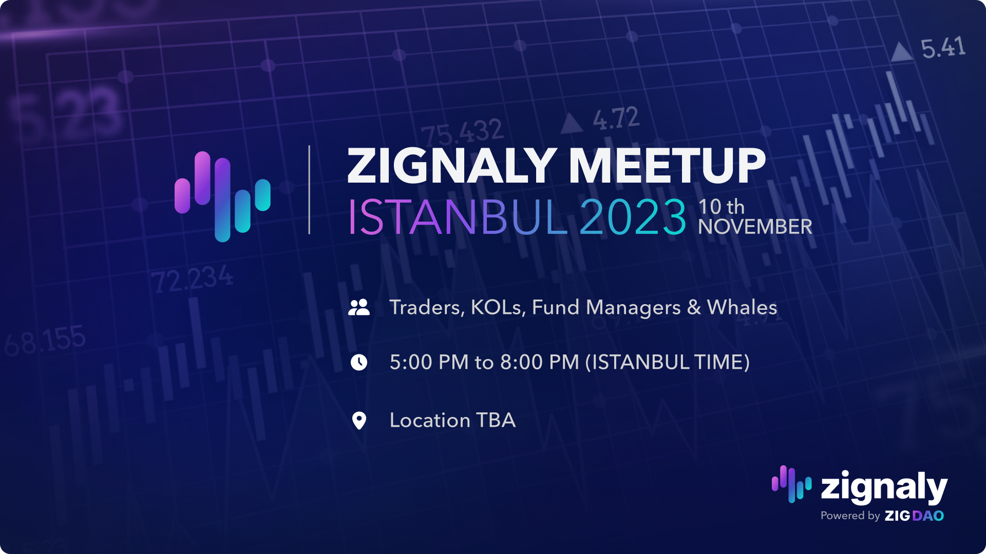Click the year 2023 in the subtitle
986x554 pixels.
633,217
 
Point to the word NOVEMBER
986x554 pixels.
755,227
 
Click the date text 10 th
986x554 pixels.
722,207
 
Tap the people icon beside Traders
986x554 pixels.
359,307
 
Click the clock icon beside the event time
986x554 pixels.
359,362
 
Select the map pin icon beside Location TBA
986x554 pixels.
359,421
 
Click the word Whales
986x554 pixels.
742,307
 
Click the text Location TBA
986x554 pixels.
452,420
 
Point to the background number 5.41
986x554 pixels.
943,48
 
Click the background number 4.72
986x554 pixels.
616,118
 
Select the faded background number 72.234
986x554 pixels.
192,280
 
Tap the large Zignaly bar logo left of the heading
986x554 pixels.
222,196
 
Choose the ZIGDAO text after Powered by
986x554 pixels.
914,516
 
